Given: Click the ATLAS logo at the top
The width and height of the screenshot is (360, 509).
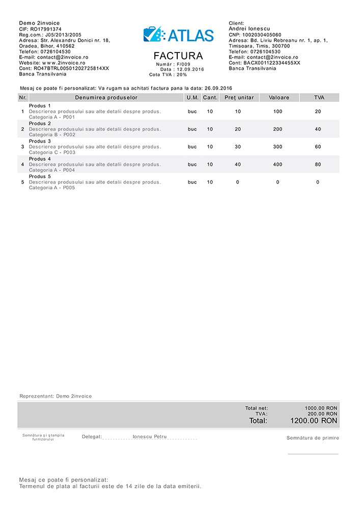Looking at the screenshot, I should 178,35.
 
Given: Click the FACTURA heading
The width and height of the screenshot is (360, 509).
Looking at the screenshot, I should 178,56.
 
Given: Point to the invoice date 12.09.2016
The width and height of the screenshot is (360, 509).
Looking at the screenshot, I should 190,69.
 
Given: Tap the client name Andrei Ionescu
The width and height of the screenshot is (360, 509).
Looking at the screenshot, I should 250,29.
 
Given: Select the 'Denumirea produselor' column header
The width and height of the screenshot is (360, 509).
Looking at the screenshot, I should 106,97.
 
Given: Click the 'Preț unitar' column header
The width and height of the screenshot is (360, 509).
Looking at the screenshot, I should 239,97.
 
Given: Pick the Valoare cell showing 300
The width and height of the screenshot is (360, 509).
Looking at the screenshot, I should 278,147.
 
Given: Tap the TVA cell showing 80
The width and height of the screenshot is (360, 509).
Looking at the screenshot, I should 318,164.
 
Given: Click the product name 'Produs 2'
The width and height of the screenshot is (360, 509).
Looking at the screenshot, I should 40,124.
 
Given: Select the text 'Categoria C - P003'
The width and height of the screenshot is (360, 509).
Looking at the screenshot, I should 52,152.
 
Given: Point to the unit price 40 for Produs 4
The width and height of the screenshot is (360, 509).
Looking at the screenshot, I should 238,164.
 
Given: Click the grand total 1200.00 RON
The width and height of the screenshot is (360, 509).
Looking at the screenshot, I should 314,421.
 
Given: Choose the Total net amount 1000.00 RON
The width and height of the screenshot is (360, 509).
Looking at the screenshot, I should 321,408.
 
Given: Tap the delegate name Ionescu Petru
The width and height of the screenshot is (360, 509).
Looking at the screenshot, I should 149,437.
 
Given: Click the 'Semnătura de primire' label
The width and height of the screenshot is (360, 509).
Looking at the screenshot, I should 313,438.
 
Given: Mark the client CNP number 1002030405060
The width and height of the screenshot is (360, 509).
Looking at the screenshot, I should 262,35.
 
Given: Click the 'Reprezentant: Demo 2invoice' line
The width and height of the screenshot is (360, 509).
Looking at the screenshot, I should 56,396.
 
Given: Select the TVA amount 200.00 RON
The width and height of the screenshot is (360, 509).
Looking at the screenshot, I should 322,414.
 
